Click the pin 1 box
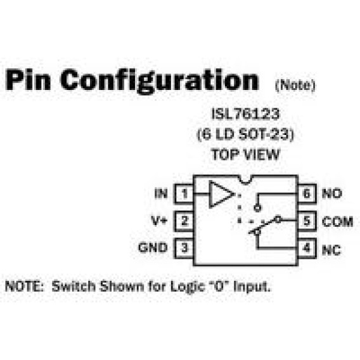[x=184, y=194]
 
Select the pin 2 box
[x=184, y=221]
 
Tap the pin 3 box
[x=184, y=248]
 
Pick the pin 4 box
[x=307, y=248]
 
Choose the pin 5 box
[x=307, y=221]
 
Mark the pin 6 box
[x=307, y=194]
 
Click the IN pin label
[x=161, y=193]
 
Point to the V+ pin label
[x=159, y=221]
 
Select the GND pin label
[x=153, y=248]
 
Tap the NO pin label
[x=332, y=193]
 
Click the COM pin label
[x=337, y=222]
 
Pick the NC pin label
[x=331, y=250]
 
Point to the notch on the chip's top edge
[x=246, y=180]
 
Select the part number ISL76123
[x=245, y=114]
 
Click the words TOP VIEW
[x=245, y=154]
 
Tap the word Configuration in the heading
[x=160, y=81]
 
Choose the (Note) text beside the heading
[x=295, y=85]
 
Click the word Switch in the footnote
[x=74, y=286]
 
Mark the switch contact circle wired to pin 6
[x=257, y=209]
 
